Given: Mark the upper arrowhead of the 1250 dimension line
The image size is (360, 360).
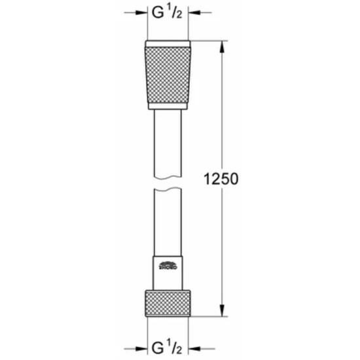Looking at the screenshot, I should (x=223, y=48).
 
